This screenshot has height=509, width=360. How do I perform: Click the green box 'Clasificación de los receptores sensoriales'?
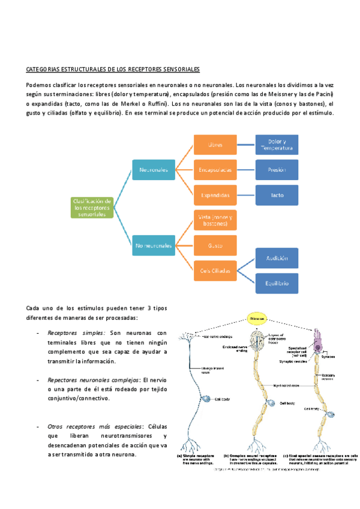[92, 207]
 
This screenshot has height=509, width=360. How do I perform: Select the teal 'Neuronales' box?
[154, 170]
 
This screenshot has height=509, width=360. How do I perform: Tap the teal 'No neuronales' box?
[154, 245]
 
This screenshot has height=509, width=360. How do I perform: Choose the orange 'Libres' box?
[214, 145]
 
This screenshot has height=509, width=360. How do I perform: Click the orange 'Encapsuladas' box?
[214, 170]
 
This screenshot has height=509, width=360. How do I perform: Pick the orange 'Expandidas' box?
[214, 195]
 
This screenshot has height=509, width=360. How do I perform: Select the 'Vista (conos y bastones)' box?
[214, 220]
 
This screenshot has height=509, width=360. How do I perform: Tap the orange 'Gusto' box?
[214, 245]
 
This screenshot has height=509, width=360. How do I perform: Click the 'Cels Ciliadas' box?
[214, 271]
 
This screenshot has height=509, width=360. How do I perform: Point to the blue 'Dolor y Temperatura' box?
[277, 145]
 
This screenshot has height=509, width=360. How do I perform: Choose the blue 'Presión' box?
[277, 170]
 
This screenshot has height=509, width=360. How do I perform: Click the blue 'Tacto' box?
[277, 195]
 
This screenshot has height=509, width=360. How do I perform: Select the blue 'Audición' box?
[277, 258]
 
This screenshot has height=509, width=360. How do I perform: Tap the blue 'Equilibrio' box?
[277, 283]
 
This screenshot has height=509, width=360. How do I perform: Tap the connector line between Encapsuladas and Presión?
[246, 170]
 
